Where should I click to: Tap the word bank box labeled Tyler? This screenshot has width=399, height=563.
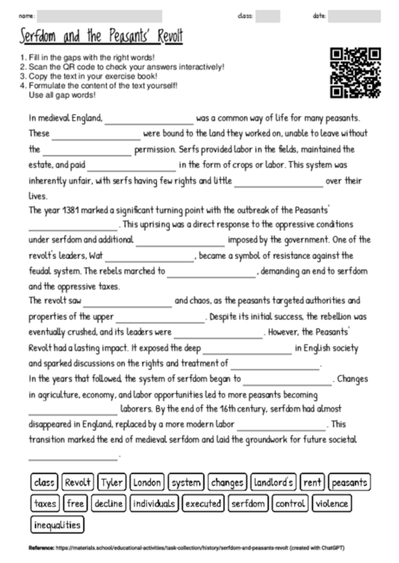(112, 482)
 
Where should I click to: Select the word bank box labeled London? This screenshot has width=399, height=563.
(147, 482)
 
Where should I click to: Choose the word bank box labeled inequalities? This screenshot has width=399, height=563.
(58, 524)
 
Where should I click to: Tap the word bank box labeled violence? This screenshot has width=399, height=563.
(332, 503)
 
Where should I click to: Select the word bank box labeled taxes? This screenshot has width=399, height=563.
(45, 503)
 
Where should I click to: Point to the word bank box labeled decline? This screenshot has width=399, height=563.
(108, 503)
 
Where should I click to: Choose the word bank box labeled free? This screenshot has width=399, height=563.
(75, 503)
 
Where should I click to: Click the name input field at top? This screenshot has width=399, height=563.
(101, 16)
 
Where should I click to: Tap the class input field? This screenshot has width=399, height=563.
(268, 16)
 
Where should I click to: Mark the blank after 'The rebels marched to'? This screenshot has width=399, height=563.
(212, 274)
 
